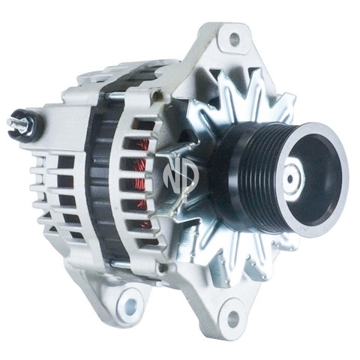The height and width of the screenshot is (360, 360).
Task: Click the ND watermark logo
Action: (x=181, y=175)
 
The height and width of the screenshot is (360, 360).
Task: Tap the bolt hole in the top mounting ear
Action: (x=234, y=38)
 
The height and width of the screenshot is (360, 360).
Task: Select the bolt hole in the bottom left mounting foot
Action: (x=130, y=303)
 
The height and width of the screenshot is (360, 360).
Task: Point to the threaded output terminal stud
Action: (x=18, y=123)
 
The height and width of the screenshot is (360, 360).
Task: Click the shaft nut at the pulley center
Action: (x=292, y=178)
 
